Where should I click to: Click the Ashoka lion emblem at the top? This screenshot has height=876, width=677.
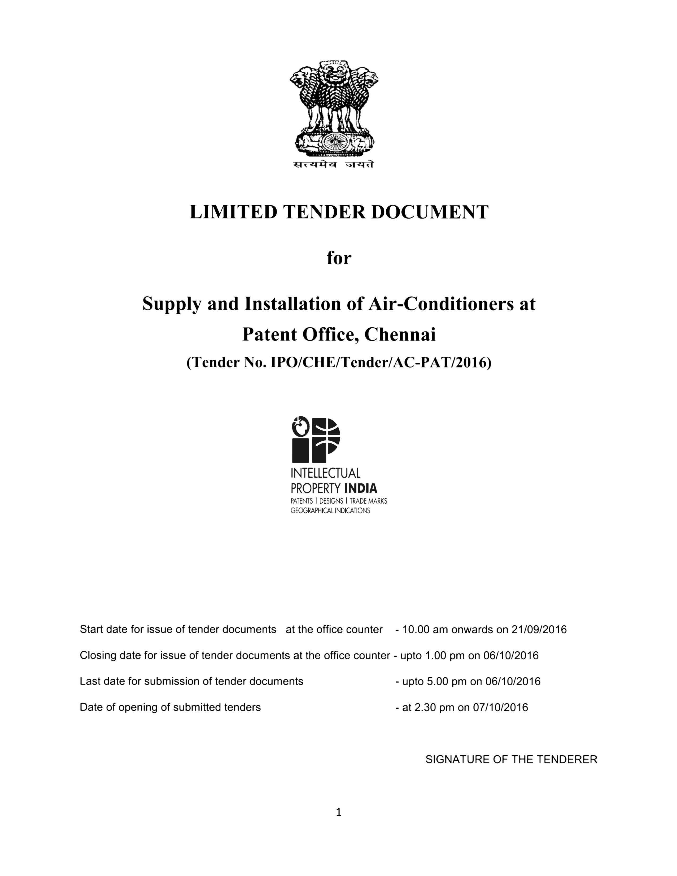coord(334,108)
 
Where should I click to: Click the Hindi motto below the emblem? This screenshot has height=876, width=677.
coord(333,164)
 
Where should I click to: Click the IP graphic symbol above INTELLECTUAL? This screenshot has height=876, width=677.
coord(316,440)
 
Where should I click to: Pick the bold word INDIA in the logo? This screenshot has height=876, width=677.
coord(361,489)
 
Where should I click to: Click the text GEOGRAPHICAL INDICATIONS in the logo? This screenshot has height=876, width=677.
coord(330,511)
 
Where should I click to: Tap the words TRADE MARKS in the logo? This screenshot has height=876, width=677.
coord(368,501)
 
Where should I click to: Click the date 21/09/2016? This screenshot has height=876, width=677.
coord(539,630)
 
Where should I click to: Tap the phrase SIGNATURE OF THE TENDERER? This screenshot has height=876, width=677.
coord(511,760)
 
